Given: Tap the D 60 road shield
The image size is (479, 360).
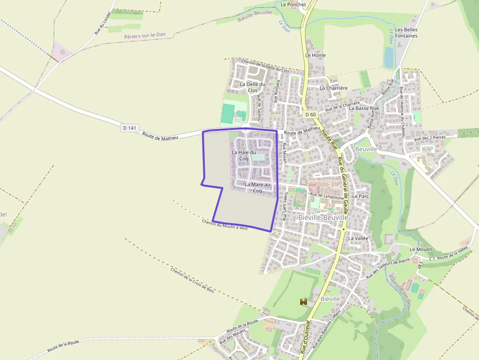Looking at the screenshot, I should [310, 114].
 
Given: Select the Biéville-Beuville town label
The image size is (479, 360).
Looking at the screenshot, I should [323, 217].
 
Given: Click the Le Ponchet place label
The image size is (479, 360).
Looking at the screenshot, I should [293, 4].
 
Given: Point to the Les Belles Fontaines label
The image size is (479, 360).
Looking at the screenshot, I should [407, 33].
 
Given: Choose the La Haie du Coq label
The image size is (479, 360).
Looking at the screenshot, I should [244, 155].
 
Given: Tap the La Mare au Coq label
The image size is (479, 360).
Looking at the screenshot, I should [257, 188].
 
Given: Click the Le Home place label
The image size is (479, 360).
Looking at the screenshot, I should [315, 55].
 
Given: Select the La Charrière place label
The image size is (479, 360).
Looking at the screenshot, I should [333, 88].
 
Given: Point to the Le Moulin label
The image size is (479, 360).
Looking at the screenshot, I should [421, 249].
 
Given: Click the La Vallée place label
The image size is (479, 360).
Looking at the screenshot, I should [358, 238].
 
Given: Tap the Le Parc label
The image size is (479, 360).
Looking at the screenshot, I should [359, 196].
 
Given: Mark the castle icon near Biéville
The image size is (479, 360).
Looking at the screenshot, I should [304, 302].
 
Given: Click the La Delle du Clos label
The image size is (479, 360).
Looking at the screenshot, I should [252, 87].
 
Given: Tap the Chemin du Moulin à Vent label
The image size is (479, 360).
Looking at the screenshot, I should [225, 225].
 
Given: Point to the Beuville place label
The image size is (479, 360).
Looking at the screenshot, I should [367, 149].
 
